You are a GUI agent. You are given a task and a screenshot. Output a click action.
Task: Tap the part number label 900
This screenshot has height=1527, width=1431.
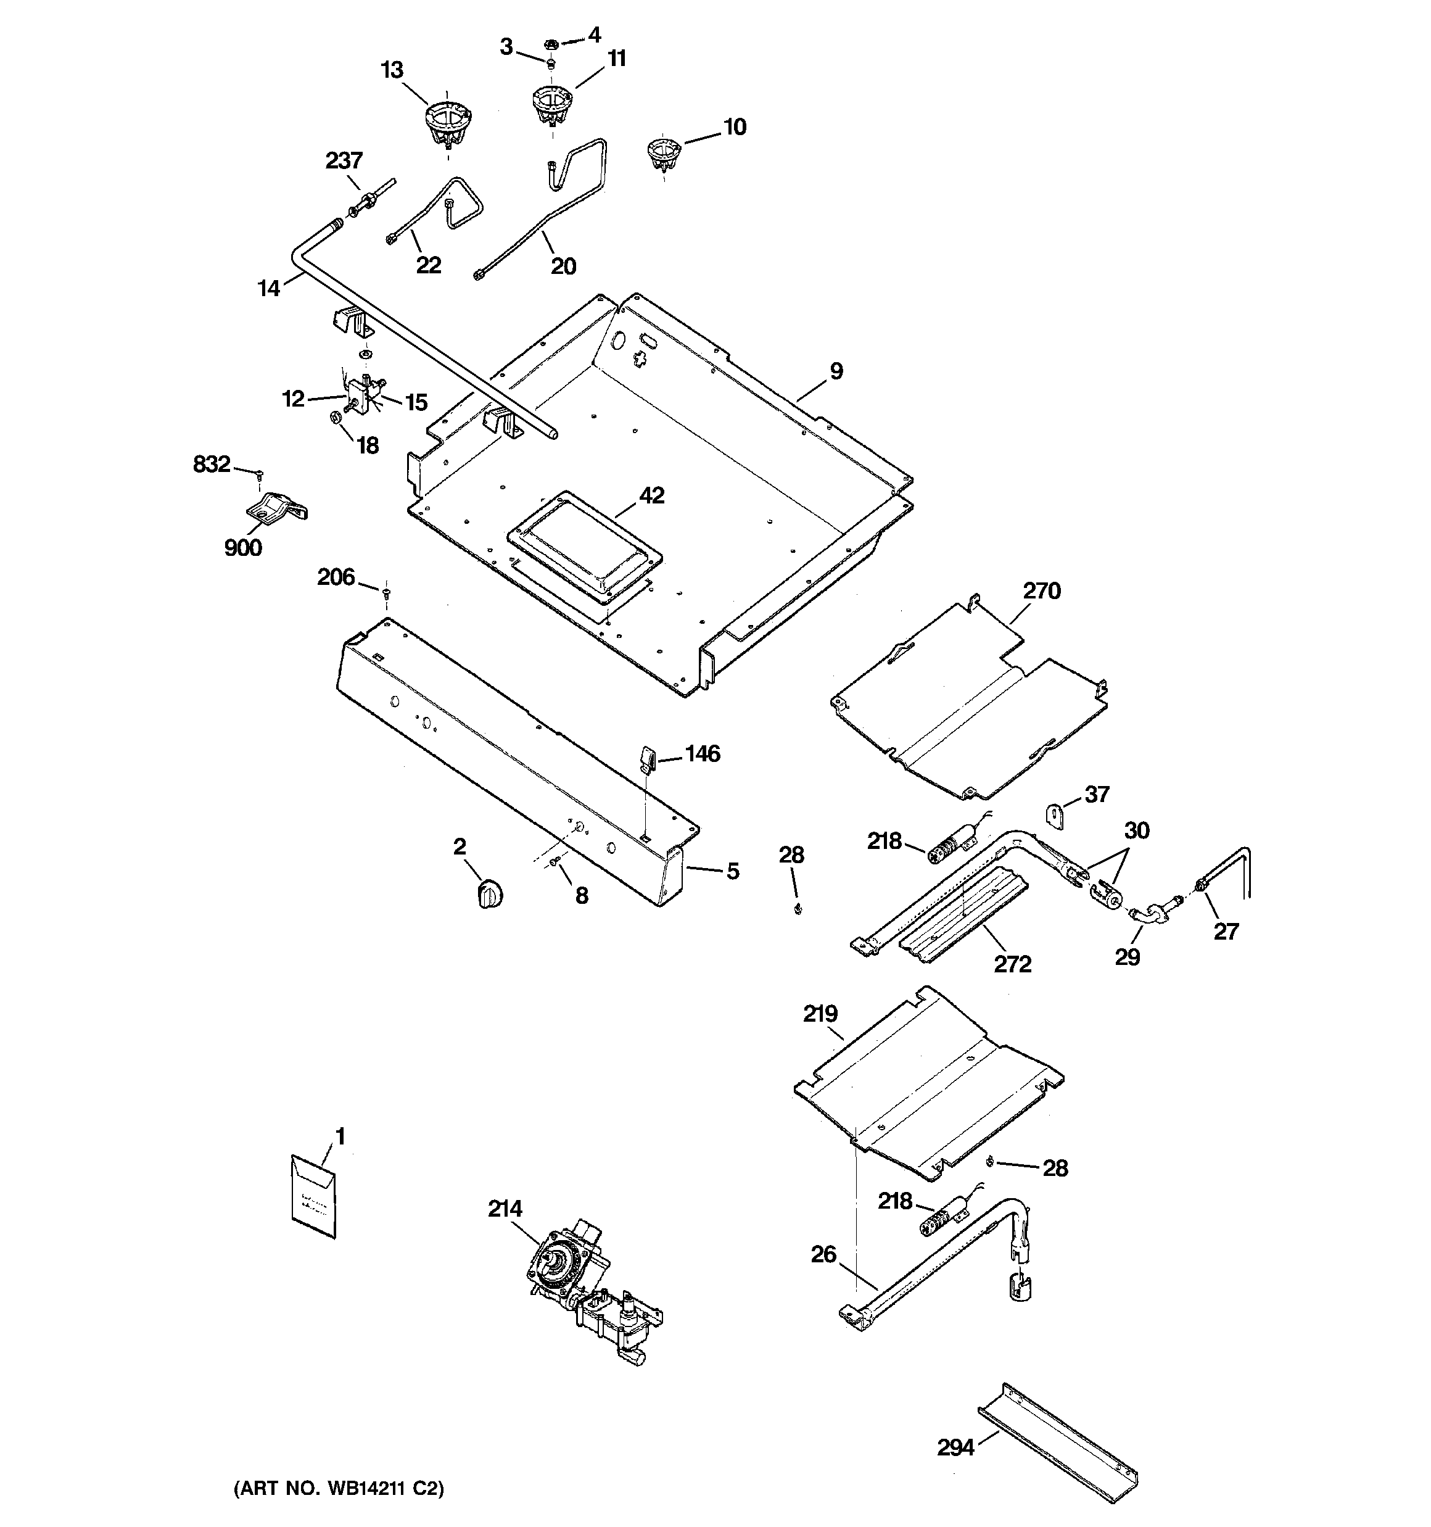click(243, 548)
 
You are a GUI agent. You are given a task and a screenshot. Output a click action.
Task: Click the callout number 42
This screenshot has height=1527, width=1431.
click(651, 495)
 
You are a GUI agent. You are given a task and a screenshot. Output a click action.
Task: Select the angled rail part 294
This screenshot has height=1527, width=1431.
click(1057, 1445)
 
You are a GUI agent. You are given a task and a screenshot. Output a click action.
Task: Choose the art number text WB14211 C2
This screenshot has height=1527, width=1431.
click(339, 1489)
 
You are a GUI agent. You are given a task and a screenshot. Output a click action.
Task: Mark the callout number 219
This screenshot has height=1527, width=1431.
click(820, 1014)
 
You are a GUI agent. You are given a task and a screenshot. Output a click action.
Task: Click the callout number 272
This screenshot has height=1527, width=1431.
click(1012, 963)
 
